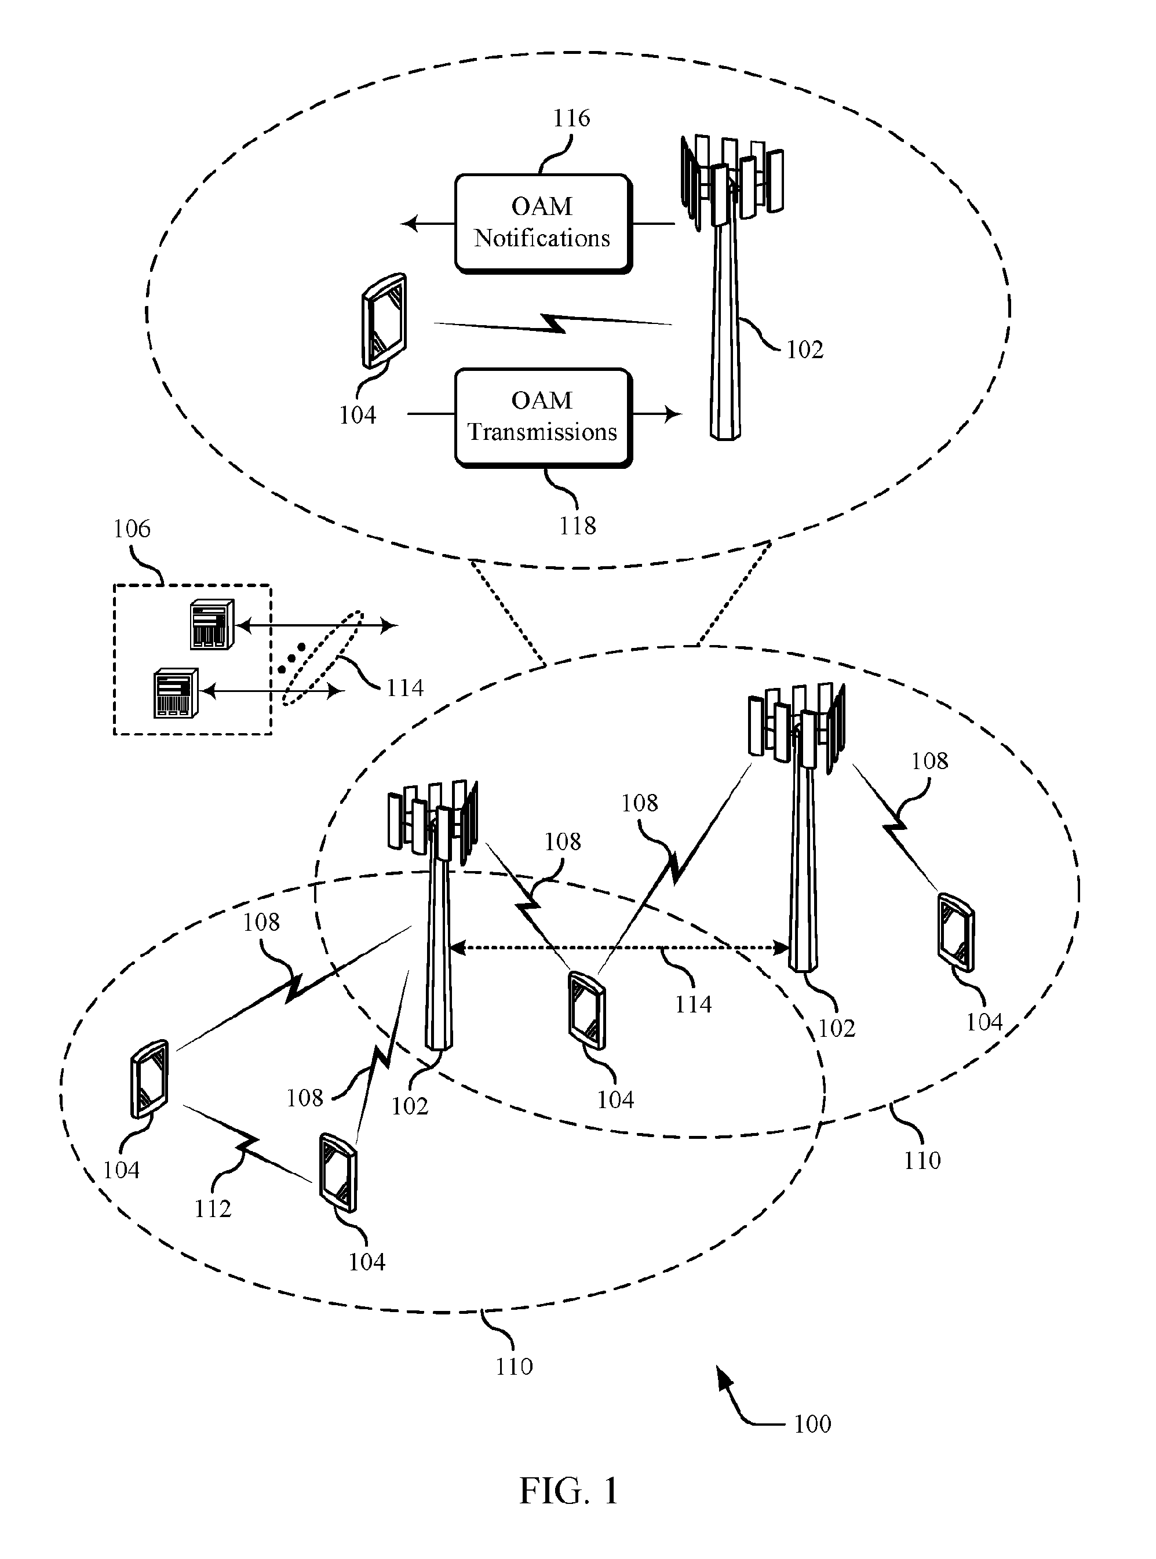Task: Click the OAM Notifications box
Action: [543, 223]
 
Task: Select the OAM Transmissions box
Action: [543, 417]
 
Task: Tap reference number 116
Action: [572, 118]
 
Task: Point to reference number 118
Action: [577, 526]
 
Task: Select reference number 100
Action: [812, 1423]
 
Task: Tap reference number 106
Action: [132, 529]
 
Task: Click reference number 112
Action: [212, 1208]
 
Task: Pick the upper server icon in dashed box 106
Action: [211, 625]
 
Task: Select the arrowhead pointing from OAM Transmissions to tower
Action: [673, 414]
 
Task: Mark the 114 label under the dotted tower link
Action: [693, 1004]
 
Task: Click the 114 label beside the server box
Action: [405, 689]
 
